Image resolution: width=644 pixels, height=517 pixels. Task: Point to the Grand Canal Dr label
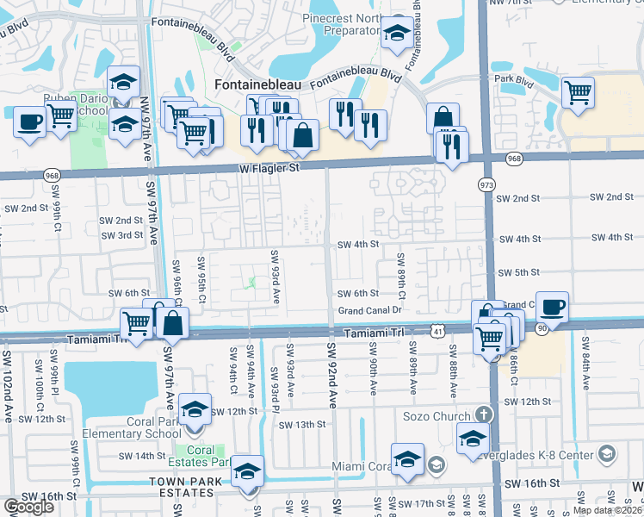pyautogui.click(x=370, y=310)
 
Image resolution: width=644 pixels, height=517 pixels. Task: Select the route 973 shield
pyautogui.click(x=485, y=184)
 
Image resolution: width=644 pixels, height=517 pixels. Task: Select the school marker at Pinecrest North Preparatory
pyautogui.click(x=396, y=34)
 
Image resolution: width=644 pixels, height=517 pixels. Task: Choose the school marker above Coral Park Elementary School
pyautogui.click(x=195, y=409)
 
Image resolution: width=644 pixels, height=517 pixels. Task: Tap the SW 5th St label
pyautogui.click(x=518, y=272)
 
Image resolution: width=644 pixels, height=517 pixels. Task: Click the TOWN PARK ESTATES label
pyautogui.click(x=181, y=487)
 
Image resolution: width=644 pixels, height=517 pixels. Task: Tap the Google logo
pyautogui.click(x=28, y=507)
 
